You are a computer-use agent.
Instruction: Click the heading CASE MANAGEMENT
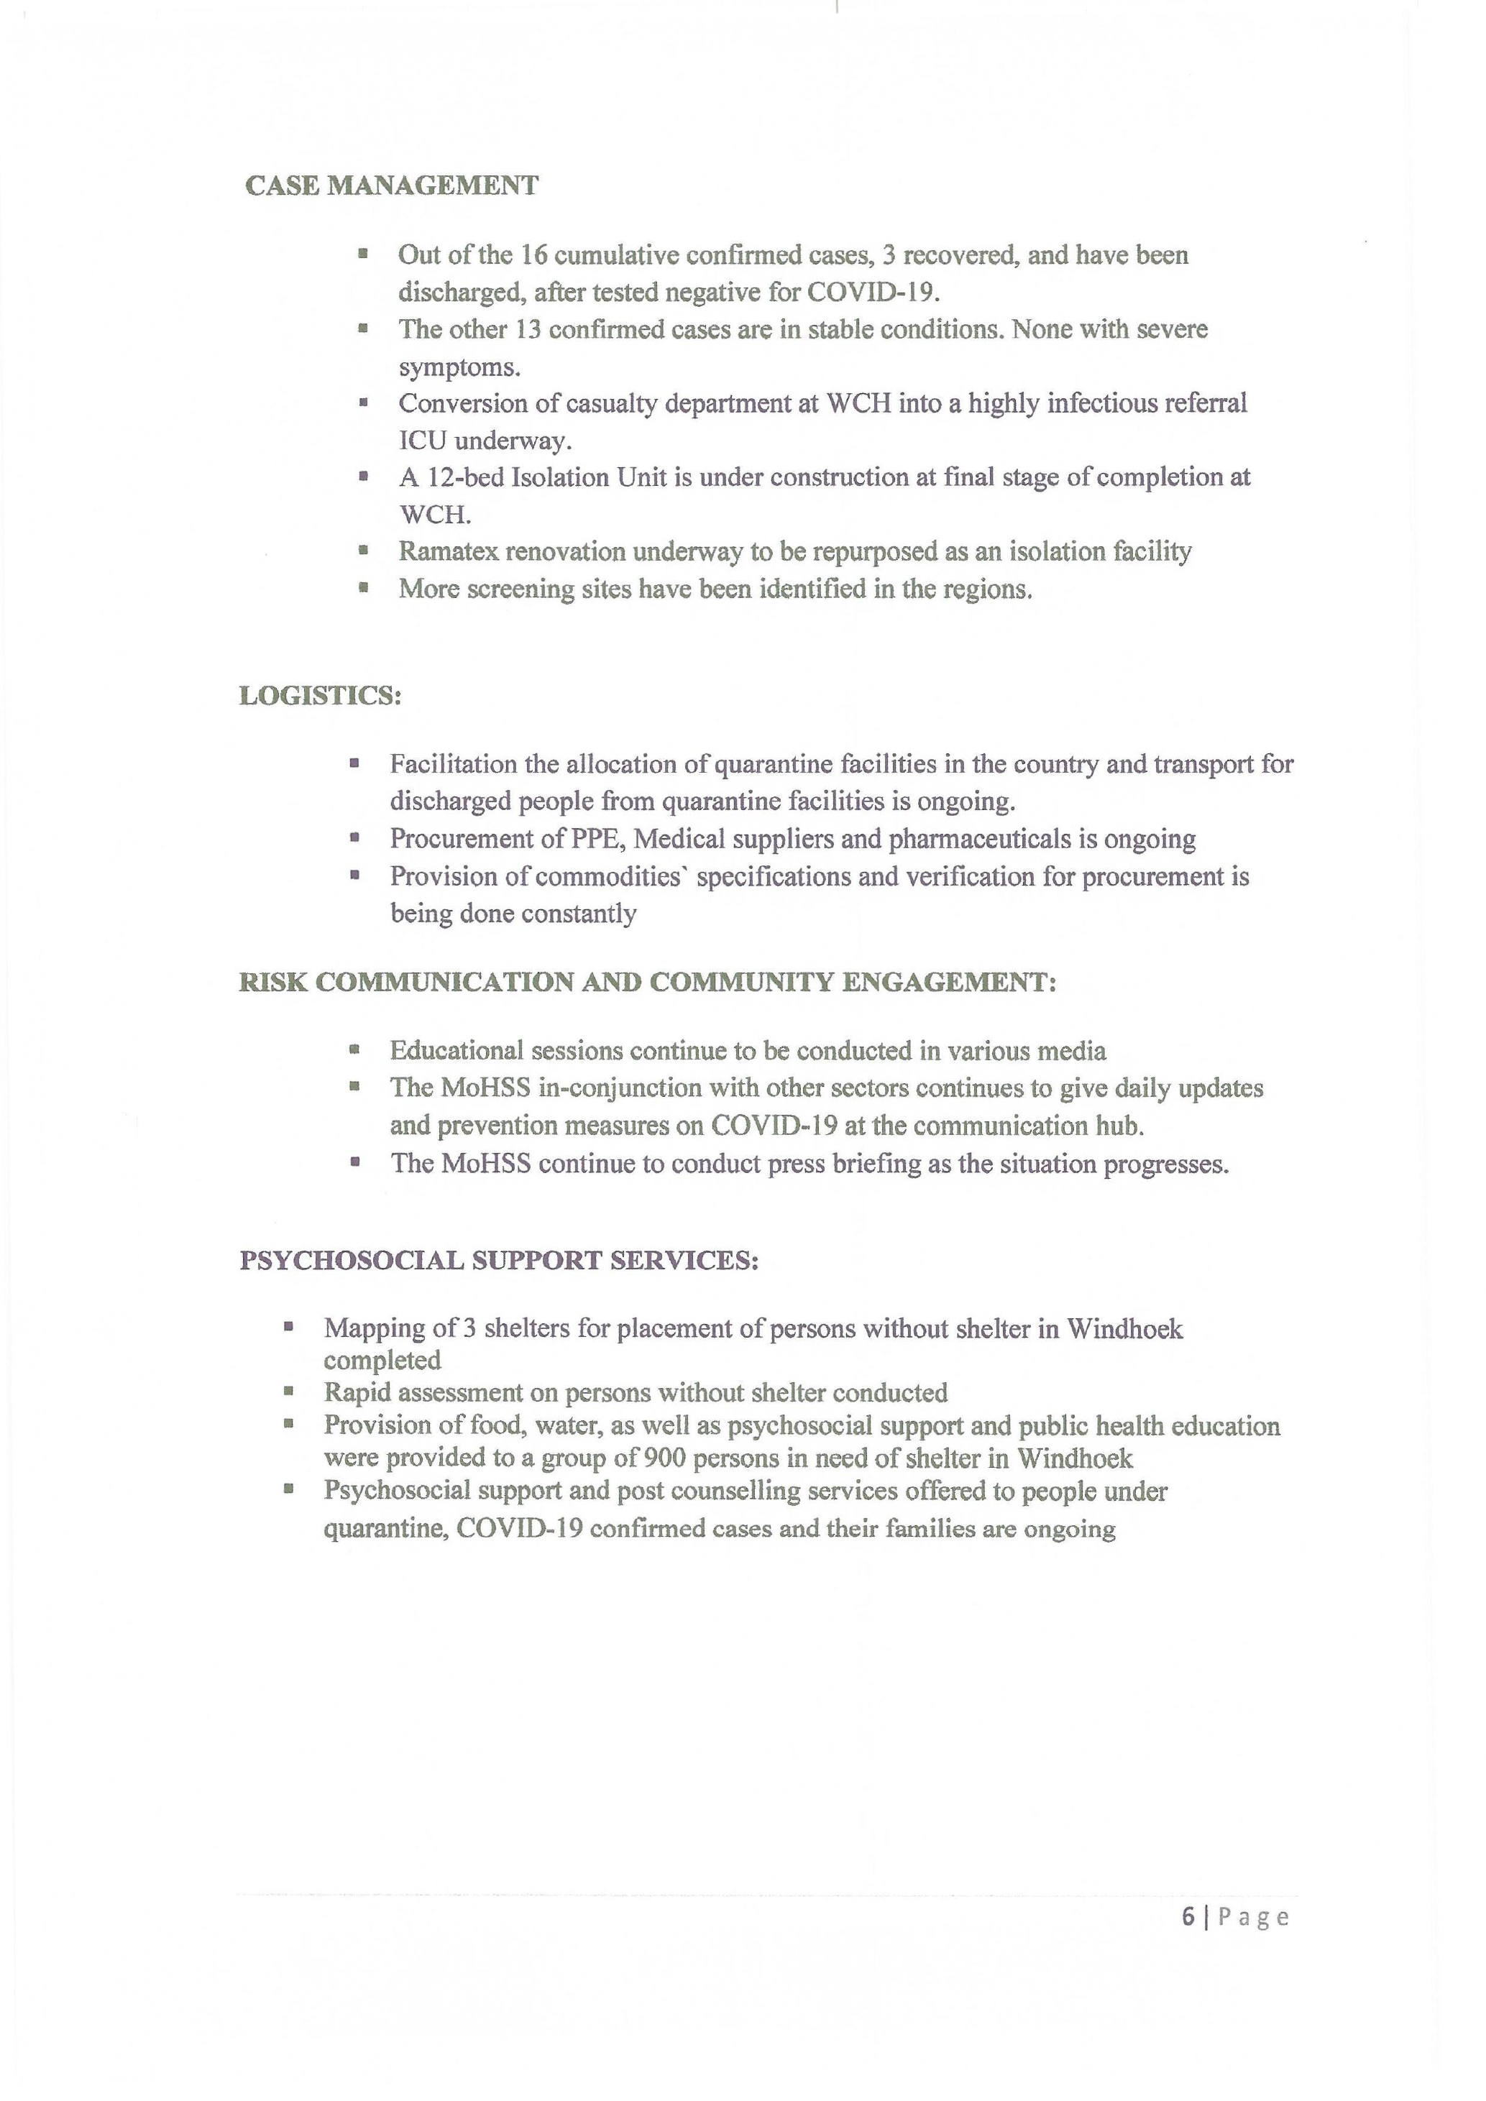(392, 185)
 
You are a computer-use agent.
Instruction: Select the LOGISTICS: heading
(320, 696)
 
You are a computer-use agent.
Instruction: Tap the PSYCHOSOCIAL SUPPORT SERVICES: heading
(499, 1260)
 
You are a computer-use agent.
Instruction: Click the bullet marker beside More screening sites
(363, 589)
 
